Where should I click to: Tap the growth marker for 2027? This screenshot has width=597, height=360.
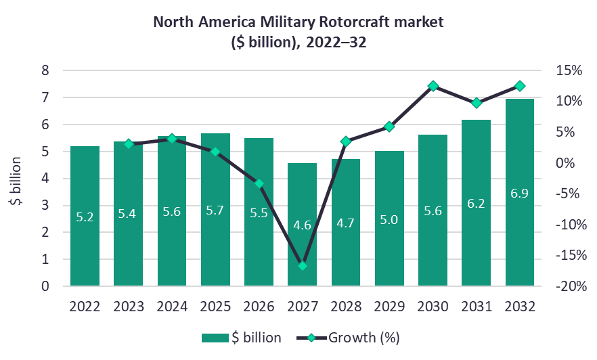(303, 265)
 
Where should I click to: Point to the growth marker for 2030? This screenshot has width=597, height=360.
(433, 87)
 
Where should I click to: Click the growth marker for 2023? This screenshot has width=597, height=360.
(129, 144)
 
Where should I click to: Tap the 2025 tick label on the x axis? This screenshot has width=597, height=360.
(215, 306)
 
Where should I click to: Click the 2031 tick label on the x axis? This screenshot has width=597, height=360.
(477, 306)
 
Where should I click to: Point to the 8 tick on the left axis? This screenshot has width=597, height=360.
(45, 70)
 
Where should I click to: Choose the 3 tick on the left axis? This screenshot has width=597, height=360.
(45, 205)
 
